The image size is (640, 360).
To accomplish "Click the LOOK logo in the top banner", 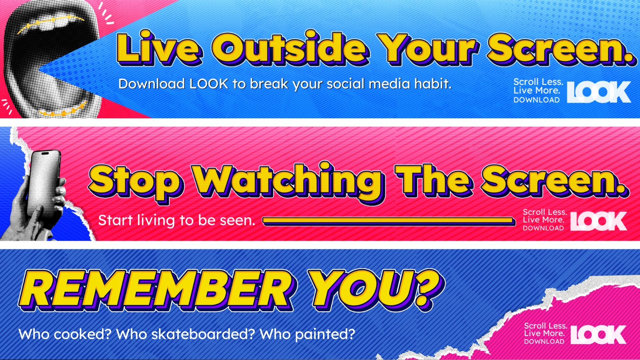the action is [599, 92].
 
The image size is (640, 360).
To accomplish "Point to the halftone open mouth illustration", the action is [52, 58].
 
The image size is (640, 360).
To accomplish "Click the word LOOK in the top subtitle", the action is [209, 84].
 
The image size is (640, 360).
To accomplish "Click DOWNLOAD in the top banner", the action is [537, 100].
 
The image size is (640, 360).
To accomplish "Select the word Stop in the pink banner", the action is [136, 182].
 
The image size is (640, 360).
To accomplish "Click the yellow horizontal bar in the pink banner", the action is [389, 220].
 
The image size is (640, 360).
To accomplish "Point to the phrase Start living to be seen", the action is [177, 221].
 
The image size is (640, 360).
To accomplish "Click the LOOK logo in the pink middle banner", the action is [599, 221].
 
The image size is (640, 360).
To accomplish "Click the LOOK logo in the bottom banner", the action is [599, 335].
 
